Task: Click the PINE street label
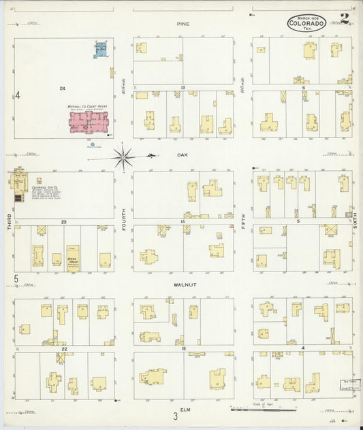tap(182, 24)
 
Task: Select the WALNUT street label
tap(185, 285)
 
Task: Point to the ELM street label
tap(184, 409)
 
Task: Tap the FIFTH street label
tap(243, 221)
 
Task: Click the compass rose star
tap(123, 157)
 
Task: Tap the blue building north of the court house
tap(101, 49)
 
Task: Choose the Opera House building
tap(73, 258)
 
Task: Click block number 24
tap(62, 88)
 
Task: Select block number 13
tap(183, 88)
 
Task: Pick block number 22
tap(63, 349)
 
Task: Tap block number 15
tap(183, 349)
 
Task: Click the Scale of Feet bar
tap(263, 410)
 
